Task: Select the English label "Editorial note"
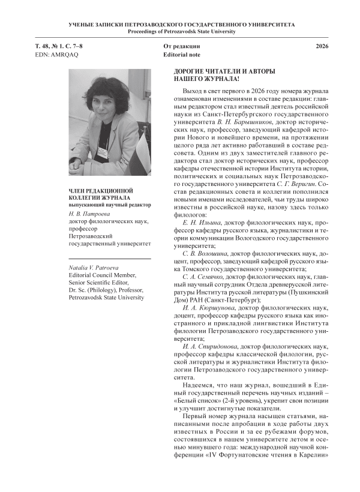pyautogui.click(x=182, y=55)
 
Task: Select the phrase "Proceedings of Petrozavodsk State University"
pyautogui.click(x=180, y=31)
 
